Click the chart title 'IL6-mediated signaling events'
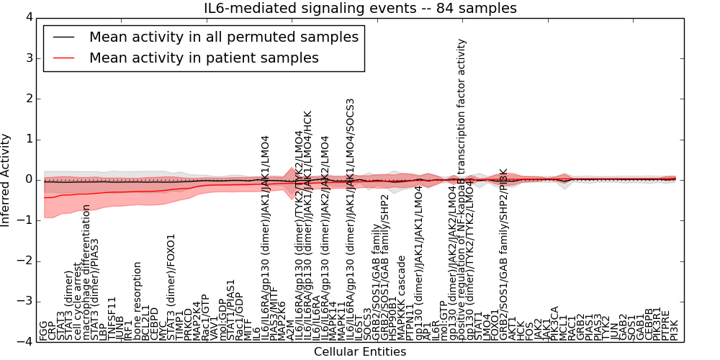[360, 8]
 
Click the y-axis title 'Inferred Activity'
[6, 180]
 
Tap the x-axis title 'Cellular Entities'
[360, 352]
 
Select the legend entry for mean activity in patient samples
[204, 58]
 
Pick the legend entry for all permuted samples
[223, 37]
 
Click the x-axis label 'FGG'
[44, 332]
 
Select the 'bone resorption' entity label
[138, 301]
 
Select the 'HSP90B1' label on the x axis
[393, 321]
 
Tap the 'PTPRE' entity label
[665, 326]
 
